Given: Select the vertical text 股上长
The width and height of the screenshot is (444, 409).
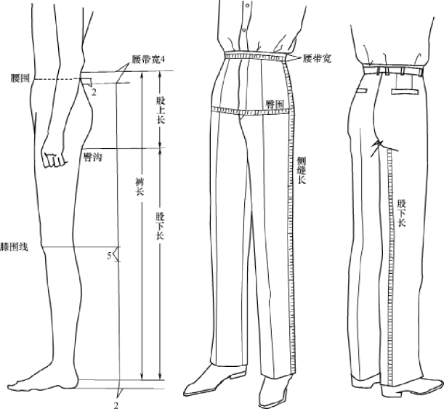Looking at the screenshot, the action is click(x=161, y=110).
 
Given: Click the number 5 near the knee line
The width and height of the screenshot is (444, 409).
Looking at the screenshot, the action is click(x=110, y=256).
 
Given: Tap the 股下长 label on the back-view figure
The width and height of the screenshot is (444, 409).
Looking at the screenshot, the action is click(x=401, y=213).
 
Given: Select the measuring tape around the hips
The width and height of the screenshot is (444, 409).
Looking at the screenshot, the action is click(x=247, y=112).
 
